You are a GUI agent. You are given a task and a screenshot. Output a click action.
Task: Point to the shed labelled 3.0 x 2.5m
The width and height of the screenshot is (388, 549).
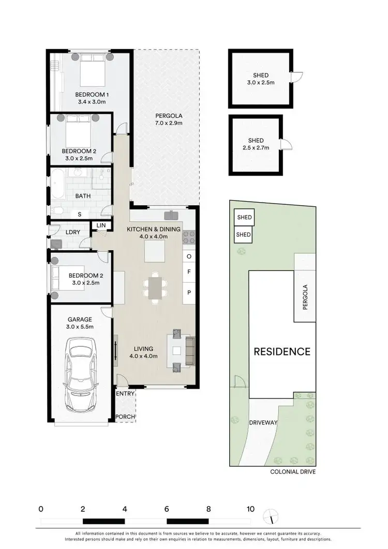pyautogui.click(x=258, y=79)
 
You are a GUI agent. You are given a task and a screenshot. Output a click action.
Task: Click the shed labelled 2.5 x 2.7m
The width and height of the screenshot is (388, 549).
pyautogui.click(x=256, y=144)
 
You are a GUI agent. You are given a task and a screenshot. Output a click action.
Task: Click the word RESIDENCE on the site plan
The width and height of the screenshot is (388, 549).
pyautogui.click(x=282, y=352)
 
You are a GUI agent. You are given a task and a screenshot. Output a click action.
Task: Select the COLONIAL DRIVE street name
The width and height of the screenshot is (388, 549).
pyautogui.click(x=293, y=472)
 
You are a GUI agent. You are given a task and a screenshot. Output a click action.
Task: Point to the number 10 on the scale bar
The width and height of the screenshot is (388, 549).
pyautogui.click(x=250, y=509)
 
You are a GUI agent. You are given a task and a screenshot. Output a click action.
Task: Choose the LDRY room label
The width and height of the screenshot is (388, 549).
pyautogui.click(x=73, y=232)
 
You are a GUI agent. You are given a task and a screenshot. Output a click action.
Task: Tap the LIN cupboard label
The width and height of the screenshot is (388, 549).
pyautogui.click(x=101, y=226)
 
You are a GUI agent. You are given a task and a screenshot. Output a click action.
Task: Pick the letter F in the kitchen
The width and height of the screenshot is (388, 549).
pyautogui.click(x=189, y=271)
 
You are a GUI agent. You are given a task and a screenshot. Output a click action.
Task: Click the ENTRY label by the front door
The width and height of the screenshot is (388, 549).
pyautogui.click(x=126, y=393)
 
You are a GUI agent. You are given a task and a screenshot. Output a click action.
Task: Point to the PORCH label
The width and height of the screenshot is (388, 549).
pyautogui.click(x=125, y=417)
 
